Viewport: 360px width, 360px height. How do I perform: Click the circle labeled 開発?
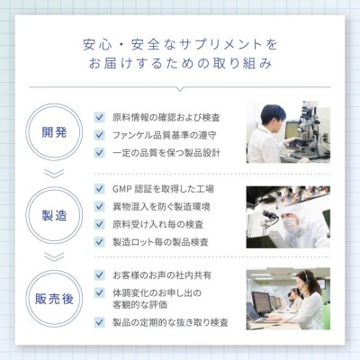click(54, 103)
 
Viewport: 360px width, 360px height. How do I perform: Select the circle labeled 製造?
click(54, 187)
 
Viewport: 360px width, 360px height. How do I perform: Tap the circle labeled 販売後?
click(54, 270)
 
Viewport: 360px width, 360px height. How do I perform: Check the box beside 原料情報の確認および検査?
click(99, 117)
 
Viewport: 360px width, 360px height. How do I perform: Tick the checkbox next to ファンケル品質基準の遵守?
click(99, 135)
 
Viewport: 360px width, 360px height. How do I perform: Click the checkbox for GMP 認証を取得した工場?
click(99, 189)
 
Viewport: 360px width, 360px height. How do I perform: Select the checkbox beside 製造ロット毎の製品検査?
click(99, 242)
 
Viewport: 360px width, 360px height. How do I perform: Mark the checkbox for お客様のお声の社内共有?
click(99, 274)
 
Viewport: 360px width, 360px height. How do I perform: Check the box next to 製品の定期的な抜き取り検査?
click(99, 322)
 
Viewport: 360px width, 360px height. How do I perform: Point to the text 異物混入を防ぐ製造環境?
click(161, 207)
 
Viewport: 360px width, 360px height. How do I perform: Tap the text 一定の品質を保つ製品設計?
click(166, 153)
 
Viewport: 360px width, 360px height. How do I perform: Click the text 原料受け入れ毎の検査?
click(158, 224)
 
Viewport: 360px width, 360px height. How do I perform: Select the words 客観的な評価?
click(139, 305)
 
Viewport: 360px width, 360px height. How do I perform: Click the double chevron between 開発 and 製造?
click(54, 174)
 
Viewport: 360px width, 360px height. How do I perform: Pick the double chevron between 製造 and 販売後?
click(54, 256)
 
